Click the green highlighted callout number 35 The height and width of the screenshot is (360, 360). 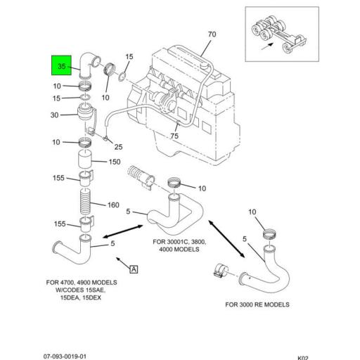click(x=61, y=66)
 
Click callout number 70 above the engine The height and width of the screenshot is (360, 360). click(x=212, y=34)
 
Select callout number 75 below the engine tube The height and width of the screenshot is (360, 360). click(x=174, y=136)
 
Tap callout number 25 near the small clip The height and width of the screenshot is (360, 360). click(x=118, y=147)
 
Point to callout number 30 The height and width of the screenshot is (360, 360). click(x=54, y=115)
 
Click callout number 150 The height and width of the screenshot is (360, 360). click(x=115, y=162)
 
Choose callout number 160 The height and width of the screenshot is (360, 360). click(x=113, y=205)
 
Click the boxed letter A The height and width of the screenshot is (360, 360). click(x=134, y=269)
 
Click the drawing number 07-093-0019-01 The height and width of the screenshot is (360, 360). click(x=65, y=356)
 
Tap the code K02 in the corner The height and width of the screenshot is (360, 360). click(x=303, y=358)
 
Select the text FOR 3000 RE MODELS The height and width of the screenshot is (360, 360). click(x=257, y=304)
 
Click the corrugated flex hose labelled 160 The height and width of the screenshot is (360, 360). click(x=85, y=202)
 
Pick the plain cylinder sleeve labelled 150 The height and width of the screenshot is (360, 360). click(x=84, y=159)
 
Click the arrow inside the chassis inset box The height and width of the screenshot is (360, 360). click(x=267, y=46)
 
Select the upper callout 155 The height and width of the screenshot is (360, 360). click(x=58, y=178)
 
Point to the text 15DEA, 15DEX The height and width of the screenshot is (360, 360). click(x=81, y=297)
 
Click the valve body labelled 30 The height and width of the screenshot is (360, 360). click(x=85, y=112)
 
